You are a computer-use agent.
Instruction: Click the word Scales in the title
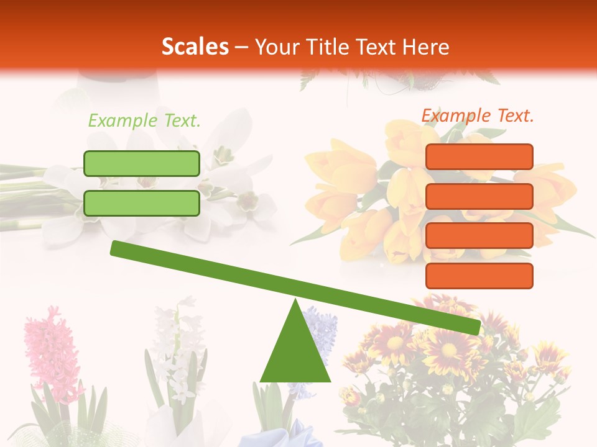tap(195, 47)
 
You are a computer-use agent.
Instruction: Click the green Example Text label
tap(144, 120)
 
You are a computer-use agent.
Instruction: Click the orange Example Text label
tap(478, 115)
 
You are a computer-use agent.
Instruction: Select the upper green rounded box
tap(142, 163)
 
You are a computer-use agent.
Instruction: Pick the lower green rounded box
tap(142, 203)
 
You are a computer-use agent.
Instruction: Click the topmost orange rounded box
tap(479, 156)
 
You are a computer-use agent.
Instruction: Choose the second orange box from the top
tap(479, 196)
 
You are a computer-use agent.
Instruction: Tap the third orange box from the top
tap(479, 236)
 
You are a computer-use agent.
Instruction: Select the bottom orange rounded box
tap(479, 276)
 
